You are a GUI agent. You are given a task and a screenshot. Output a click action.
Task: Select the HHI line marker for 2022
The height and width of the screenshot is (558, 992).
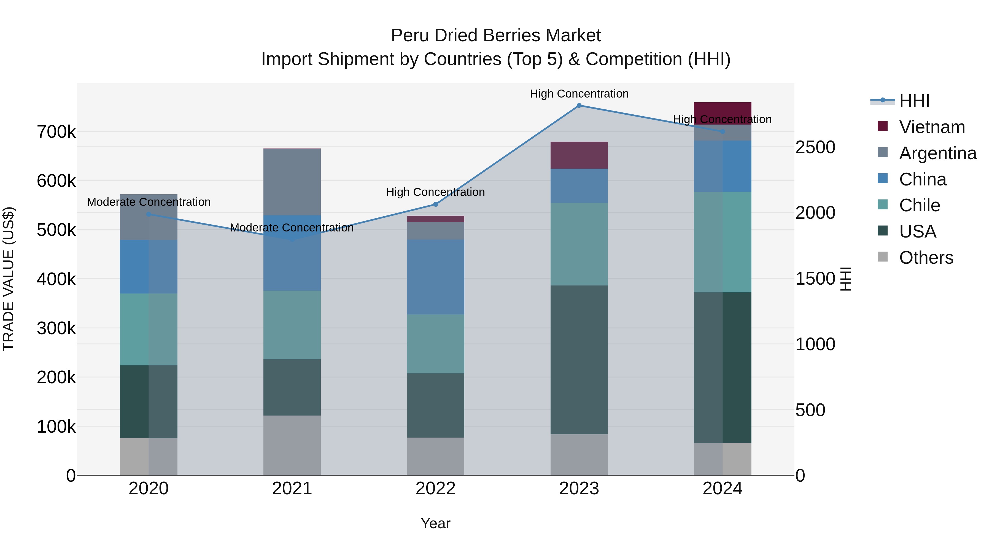436,204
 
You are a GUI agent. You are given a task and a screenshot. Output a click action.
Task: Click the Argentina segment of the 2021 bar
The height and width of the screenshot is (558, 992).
292,182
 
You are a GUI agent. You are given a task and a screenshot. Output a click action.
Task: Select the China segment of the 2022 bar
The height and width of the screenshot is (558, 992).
436,277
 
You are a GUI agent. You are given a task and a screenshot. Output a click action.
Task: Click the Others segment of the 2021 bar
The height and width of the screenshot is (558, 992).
292,445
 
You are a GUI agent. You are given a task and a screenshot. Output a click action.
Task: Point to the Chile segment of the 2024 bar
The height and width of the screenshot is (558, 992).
723,242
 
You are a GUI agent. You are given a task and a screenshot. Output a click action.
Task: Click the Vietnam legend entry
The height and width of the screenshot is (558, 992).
932,127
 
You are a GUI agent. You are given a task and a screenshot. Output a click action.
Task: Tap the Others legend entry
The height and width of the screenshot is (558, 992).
926,258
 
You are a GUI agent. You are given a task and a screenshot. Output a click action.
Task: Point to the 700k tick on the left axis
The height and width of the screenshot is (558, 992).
56,132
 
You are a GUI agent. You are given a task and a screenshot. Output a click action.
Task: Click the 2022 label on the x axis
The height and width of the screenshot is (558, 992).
436,489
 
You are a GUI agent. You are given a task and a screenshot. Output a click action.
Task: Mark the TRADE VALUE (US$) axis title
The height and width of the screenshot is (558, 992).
9,279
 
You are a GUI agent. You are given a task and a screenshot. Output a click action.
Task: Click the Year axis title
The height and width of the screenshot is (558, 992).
436,523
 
